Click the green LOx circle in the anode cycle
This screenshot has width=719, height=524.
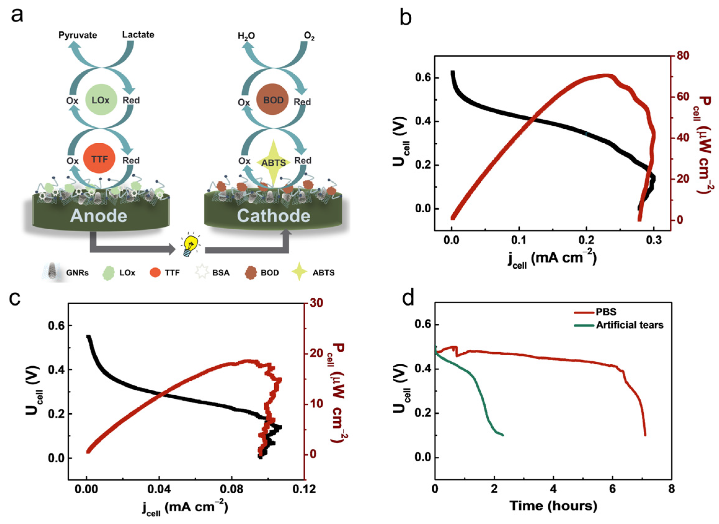point(101,100)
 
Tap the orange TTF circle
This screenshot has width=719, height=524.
point(99,158)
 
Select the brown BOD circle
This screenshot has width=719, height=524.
point(272,100)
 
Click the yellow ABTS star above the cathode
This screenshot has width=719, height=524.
point(273,162)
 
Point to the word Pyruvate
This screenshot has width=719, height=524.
point(77,35)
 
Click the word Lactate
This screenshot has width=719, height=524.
point(138,34)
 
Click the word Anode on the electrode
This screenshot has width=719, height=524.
point(99,216)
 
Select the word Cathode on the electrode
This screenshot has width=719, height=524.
point(273,216)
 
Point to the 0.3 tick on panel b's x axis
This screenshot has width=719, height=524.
point(654,240)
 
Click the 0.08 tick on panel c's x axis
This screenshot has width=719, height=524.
point(232,489)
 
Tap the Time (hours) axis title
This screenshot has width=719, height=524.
point(553,506)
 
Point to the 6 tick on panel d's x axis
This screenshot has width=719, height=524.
point(612,489)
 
